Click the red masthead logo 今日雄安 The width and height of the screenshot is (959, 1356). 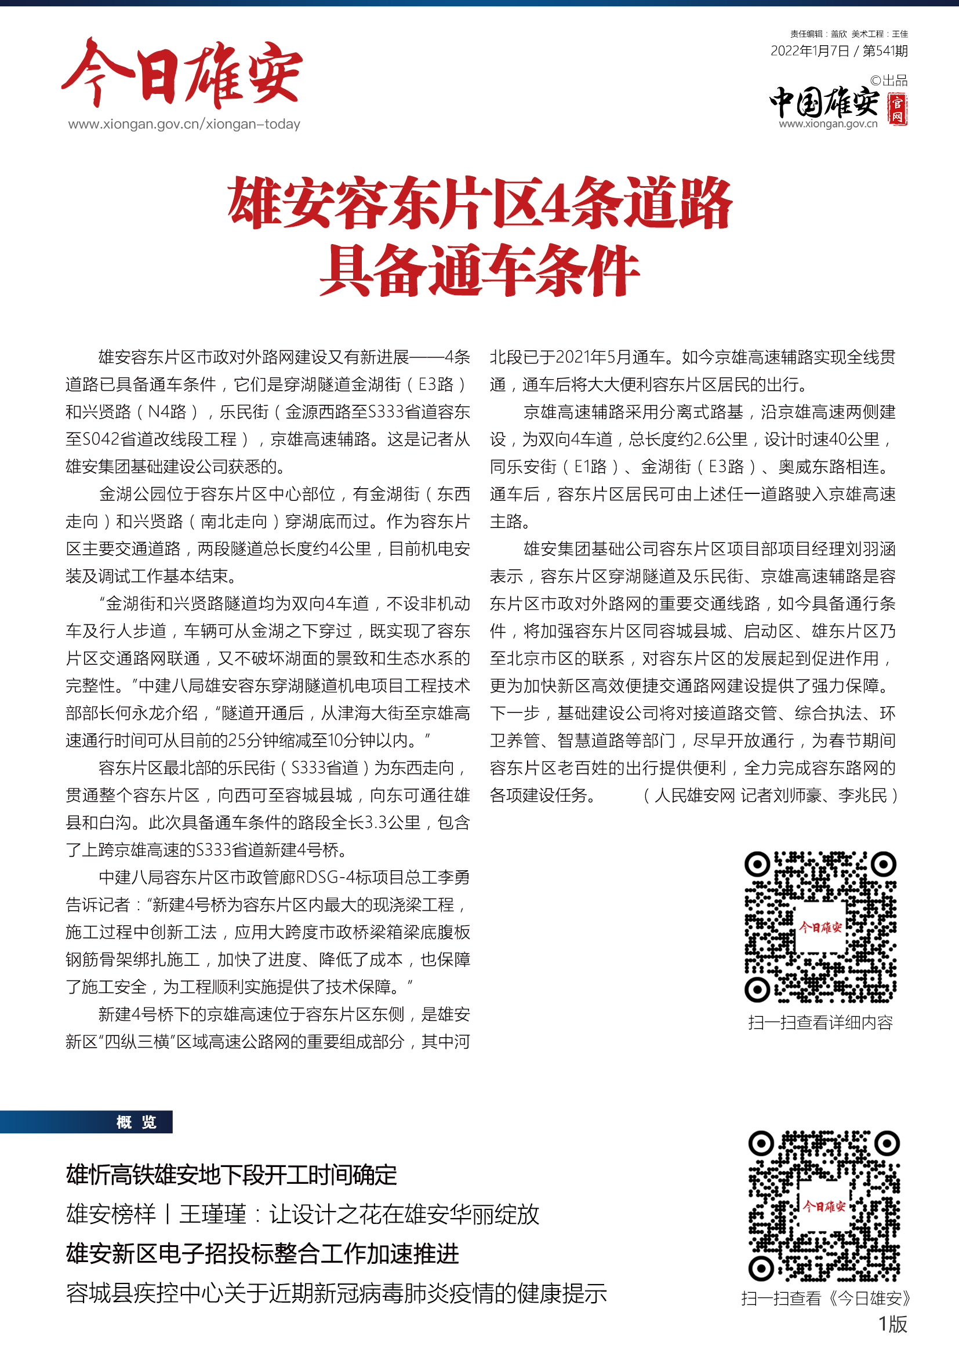[x=182, y=74]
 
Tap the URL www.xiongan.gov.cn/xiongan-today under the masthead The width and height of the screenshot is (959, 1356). [x=184, y=124]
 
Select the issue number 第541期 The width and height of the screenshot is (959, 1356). [x=885, y=51]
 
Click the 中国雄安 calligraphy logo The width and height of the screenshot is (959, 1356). [x=824, y=102]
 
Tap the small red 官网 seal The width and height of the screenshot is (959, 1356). [x=898, y=109]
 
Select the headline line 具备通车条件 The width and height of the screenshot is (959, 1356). [x=479, y=271]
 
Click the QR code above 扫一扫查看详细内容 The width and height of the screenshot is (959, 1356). [x=820, y=926]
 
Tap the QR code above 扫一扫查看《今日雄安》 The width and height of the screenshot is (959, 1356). [x=824, y=1206]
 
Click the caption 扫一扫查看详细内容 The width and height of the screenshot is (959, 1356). [x=820, y=1022]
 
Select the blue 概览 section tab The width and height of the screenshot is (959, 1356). [x=136, y=1122]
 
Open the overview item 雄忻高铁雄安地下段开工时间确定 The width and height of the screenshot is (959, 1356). [x=231, y=1175]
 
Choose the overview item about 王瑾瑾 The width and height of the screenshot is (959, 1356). [x=302, y=1215]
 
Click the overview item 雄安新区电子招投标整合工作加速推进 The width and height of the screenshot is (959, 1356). [x=262, y=1253]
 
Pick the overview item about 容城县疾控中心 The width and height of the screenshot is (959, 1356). [x=336, y=1293]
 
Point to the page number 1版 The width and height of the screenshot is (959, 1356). [x=892, y=1324]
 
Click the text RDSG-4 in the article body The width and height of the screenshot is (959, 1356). [x=324, y=878]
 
